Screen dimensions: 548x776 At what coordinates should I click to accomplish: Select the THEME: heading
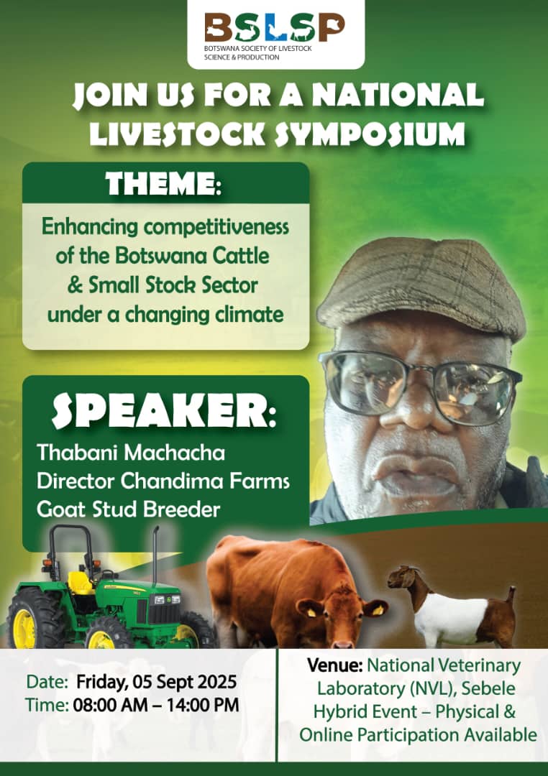click(163, 184)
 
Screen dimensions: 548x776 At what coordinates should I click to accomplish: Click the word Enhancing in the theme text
click(90, 227)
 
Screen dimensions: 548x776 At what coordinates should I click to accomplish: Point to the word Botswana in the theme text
click(162, 256)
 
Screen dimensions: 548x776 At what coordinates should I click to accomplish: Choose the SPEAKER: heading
click(163, 412)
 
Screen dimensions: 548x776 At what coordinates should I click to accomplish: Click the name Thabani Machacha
click(131, 453)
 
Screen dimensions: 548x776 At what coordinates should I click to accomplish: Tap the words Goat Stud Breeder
click(128, 509)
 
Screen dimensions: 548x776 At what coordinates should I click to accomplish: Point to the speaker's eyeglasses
click(419, 386)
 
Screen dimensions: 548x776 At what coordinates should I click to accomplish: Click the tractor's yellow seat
click(81, 583)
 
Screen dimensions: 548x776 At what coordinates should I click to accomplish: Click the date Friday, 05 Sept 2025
click(156, 682)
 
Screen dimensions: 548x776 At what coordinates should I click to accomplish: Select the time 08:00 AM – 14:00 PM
click(156, 705)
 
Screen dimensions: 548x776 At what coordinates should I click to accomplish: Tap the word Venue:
click(335, 665)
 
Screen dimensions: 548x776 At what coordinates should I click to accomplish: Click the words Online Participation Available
click(418, 735)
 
